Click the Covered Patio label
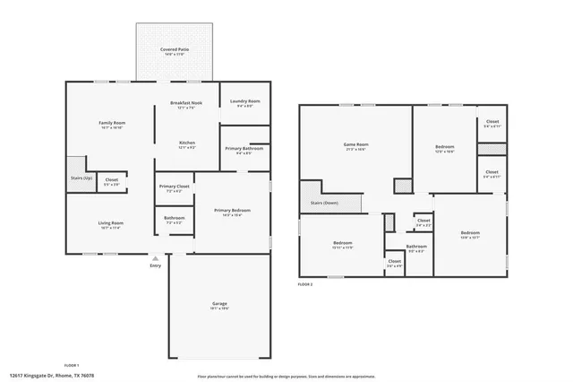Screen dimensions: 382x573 point(174,49)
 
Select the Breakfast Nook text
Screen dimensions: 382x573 point(186,103)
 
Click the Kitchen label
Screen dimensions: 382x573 point(187,143)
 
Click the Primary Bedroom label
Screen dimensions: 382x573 point(231,210)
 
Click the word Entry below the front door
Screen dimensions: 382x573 point(156,265)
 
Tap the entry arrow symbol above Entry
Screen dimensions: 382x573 point(156,257)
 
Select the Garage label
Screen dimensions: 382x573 point(219,304)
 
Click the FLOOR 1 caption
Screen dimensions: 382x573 point(71,365)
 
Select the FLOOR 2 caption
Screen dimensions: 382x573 point(305,284)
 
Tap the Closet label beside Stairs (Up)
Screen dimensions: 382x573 point(112,180)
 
